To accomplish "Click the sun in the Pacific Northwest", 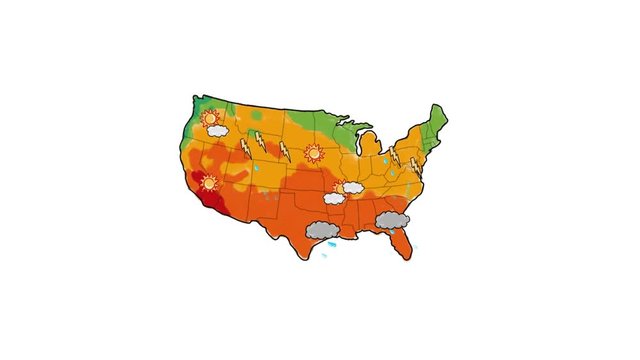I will click(210, 119).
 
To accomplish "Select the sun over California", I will click(210, 183).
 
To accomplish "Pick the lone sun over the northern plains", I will click(313, 153).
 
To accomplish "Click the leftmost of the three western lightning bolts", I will click(245, 148).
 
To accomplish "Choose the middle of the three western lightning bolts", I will click(261, 141).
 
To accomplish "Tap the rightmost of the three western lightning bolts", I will click(284, 151).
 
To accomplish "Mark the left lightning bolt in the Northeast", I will click(395, 156).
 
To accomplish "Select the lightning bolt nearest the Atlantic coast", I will click(414, 165).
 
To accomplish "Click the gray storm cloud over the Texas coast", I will click(320, 230).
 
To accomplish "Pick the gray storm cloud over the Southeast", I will click(392, 219).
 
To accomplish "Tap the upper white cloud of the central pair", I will click(352, 187).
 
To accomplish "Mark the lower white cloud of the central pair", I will click(334, 198).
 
